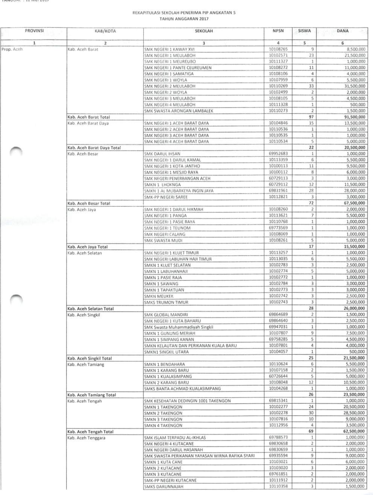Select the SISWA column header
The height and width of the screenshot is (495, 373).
304,31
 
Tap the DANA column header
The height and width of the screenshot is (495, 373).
342,31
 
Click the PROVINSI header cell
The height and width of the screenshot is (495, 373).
34,31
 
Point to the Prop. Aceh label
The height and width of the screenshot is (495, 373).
12,49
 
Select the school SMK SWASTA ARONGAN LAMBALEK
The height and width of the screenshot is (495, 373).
179,111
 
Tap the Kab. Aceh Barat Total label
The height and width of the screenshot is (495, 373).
88,117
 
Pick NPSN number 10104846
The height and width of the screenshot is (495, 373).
278,123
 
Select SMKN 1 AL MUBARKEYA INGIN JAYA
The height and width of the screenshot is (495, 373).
179,191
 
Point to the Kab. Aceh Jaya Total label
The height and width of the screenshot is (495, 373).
86,247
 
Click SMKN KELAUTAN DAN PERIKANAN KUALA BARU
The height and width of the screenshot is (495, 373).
190,345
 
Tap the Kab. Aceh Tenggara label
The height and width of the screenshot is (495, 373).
86,438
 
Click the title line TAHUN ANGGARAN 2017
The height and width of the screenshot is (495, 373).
184,18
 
